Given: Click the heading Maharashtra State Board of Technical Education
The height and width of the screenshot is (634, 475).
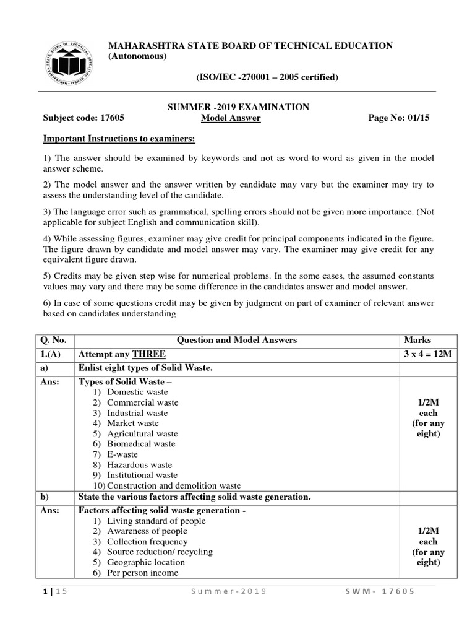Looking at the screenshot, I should pyautogui.click(x=250, y=45).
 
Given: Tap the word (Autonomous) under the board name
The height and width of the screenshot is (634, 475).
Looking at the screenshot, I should pyautogui.click(x=137, y=57).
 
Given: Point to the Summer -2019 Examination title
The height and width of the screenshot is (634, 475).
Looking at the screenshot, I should pyautogui.click(x=239, y=107).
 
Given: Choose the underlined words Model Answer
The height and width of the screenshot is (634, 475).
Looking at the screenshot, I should pyautogui.click(x=231, y=119).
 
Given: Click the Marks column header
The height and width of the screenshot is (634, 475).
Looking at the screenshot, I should pyautogui.click(x=417, y=340).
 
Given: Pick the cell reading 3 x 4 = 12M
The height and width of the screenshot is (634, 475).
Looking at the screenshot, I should pyautogui.click(x=427, y=354).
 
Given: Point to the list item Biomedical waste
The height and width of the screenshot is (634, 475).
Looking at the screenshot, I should pyautogui.click(x=141, y=444).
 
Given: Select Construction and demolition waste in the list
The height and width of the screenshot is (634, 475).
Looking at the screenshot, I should pyautogui.click(x=174, y=485).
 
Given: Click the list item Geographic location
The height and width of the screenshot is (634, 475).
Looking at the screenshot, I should pyautogui.click(x=146, y=562).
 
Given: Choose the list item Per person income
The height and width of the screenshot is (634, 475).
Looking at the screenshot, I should pyautogui.click(x=142, y=573).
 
